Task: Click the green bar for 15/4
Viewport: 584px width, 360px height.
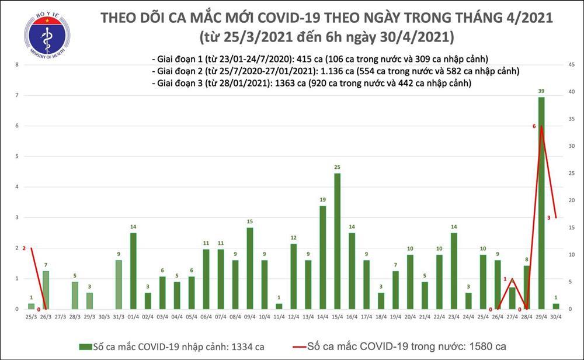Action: (337, 241)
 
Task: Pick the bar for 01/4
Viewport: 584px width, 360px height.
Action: (133, 271)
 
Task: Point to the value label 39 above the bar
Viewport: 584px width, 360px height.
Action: (541, 92)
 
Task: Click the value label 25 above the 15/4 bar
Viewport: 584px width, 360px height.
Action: (337, 168)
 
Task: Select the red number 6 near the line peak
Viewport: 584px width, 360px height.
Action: (534, 126)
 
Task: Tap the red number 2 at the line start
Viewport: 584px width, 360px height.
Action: (24, 248)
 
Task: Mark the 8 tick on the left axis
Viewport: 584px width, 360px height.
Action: (18, 65)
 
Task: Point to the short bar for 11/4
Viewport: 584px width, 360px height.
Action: (279, 306)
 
